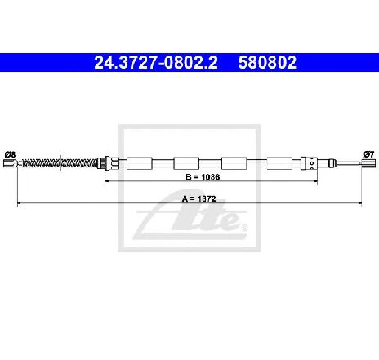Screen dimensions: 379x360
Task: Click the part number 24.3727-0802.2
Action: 156,62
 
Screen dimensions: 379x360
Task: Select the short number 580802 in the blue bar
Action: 267,62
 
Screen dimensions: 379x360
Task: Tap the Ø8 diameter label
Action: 10,154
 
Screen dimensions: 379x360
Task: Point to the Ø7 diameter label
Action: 369,154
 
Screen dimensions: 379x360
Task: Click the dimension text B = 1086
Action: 203,177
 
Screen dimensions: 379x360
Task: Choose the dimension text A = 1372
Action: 198,199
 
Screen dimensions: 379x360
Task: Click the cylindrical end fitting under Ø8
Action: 11,163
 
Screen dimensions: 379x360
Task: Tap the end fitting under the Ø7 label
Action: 368,163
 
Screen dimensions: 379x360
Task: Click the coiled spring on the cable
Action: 60,163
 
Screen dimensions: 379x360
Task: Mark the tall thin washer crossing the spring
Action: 60,163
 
